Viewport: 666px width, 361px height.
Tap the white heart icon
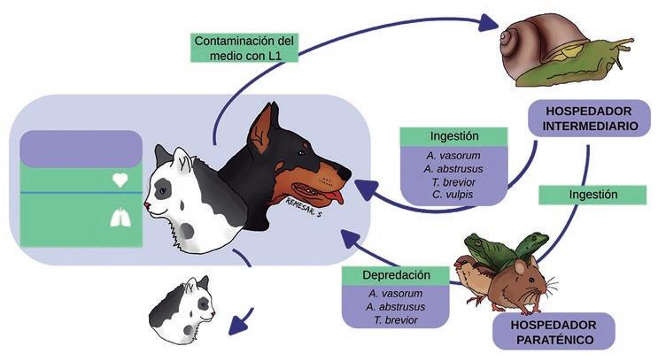click(x=121, y=180)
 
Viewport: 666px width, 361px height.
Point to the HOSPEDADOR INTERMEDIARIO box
click(x=589, y=119)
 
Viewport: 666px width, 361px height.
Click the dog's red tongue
click(x=330, y=196)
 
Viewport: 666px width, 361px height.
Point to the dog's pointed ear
click(x=263, y=123)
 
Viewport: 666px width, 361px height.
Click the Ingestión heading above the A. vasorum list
click(x=453, y=136)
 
